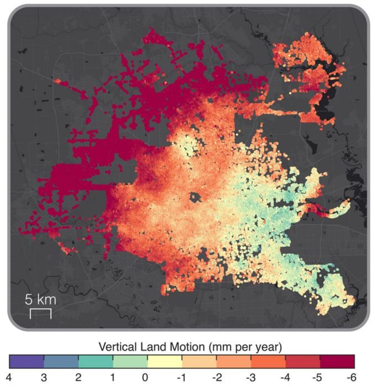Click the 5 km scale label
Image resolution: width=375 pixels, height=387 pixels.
click(40, 300)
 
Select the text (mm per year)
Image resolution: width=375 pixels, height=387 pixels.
click(244, 347)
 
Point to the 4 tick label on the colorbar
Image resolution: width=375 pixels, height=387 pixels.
click(9, 378)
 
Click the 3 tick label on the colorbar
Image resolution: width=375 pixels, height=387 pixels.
click(44, 378)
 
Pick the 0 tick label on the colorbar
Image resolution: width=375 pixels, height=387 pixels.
click(145, 378)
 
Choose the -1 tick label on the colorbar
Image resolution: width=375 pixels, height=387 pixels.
click(181, 378)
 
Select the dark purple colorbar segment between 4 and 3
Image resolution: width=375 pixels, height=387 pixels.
click(27, 362)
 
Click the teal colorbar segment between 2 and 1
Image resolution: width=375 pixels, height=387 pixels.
click(95, 362)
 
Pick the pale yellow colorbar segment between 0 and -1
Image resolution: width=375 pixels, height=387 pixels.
click(165, 362)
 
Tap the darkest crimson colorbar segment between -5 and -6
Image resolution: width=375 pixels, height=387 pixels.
click(337, 362)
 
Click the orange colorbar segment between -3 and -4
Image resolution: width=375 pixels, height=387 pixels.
click(268, 362)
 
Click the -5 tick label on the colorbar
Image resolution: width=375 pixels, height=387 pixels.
click(318, 378)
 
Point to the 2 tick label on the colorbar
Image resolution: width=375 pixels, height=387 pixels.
click(78, 378)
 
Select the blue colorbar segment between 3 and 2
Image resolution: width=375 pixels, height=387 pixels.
click(61, 362)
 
